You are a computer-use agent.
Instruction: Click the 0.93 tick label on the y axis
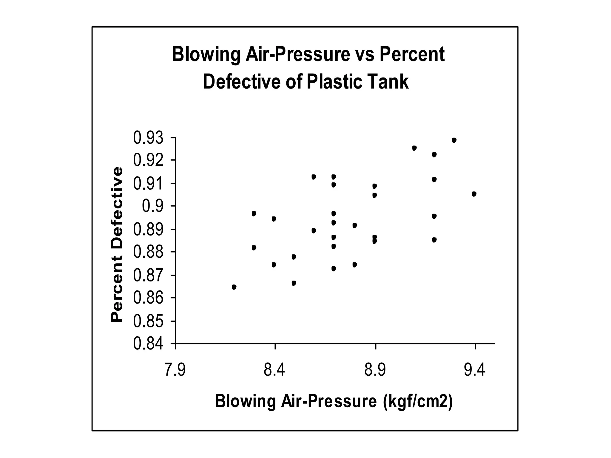tap(148, 138)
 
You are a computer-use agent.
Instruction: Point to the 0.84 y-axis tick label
tap(148, 344)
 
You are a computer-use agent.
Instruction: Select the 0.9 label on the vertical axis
tap(153, 206)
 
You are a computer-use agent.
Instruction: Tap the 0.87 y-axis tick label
tap(148, 276)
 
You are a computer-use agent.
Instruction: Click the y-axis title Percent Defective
tap(117, 245)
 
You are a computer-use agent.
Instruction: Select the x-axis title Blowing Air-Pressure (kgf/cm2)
tap(334, 401)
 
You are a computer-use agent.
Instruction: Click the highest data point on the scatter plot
tap(454, 140)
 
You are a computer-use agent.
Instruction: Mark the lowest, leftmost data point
tap(234, 287)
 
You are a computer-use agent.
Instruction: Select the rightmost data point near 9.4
tap(474, 194)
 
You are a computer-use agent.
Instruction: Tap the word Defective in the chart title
tap(242, 82)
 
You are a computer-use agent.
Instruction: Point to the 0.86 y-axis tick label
tap(148, 298)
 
